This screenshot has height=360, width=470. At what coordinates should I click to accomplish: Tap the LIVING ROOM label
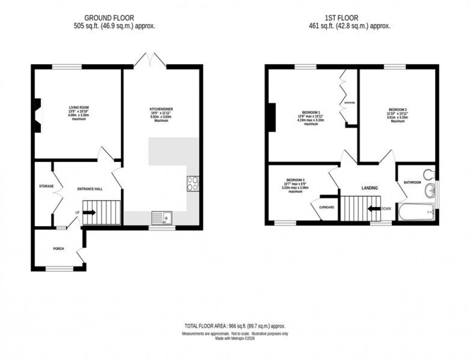78,107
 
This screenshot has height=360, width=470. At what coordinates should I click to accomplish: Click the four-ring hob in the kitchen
193,183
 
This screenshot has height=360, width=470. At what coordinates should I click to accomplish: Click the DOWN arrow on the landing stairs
374,209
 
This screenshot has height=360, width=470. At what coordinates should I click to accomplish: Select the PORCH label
59,248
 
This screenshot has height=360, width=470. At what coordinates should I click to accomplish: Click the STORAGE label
46,186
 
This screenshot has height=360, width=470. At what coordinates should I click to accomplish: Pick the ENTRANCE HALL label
90,189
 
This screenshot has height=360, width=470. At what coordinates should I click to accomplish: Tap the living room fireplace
37,115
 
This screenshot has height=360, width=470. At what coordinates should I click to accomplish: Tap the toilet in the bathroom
429,174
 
